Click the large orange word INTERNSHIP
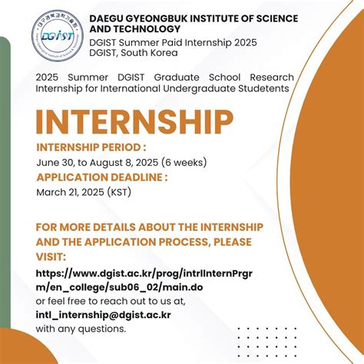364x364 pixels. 134,122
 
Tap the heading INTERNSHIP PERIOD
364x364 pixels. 91,147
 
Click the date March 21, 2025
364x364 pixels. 68,192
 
